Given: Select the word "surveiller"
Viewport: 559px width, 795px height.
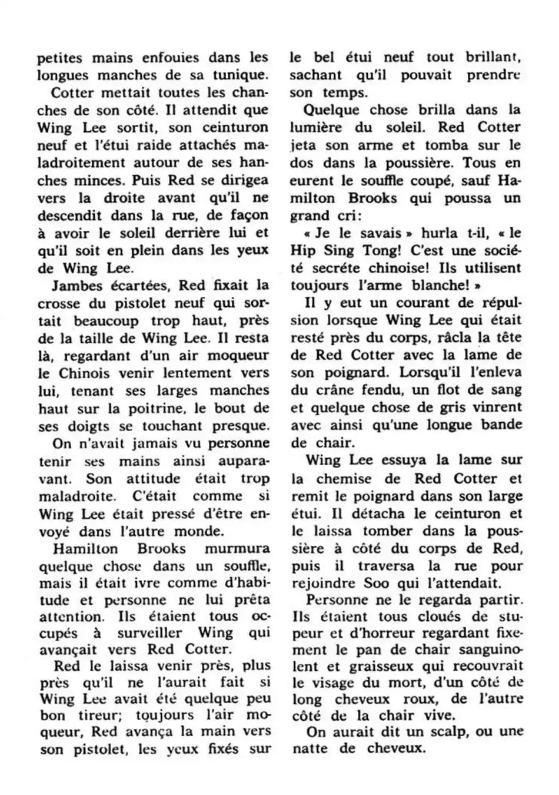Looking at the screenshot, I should [149, 633].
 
